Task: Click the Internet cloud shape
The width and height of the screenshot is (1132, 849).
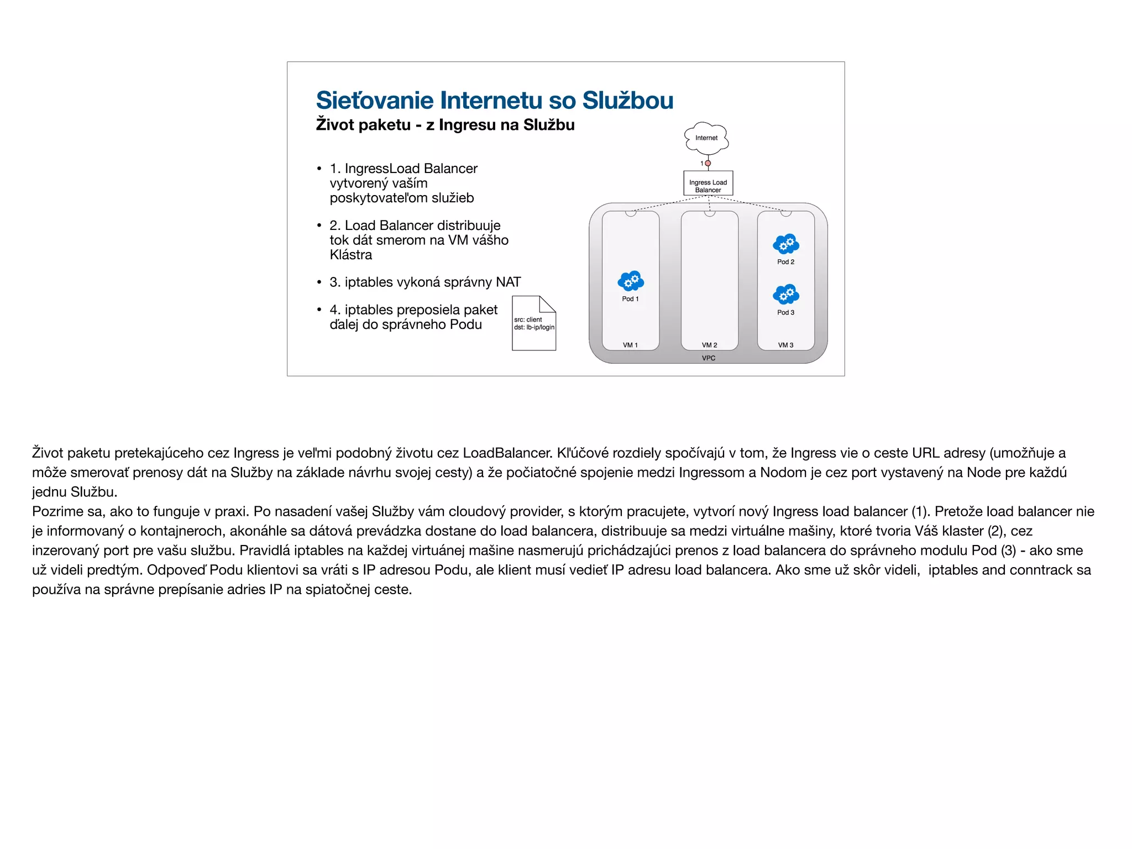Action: pos(706,138)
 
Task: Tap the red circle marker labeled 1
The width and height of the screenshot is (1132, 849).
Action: pos(708,163)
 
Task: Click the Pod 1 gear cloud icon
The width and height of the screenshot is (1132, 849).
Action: pos(631,281)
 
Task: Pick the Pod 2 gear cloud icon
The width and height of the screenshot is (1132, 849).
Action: pos(786,244)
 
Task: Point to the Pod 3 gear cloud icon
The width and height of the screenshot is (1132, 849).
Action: pos(786,295)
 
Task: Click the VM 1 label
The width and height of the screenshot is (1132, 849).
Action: pos(630,345)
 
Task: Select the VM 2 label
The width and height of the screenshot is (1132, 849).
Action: pos(709,345)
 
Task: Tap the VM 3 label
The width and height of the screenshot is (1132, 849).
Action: pos(785,345)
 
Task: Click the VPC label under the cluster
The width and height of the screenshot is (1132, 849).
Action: pos(709,358)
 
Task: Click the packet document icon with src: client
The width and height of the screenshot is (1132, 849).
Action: pos(534,323)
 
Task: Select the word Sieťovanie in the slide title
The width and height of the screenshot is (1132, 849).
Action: pos(375,101)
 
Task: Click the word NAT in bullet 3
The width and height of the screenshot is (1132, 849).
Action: pos(508,282)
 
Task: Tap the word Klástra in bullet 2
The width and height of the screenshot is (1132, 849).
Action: pos(350,255)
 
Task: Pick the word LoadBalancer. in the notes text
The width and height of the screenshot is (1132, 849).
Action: pos(507,453)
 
